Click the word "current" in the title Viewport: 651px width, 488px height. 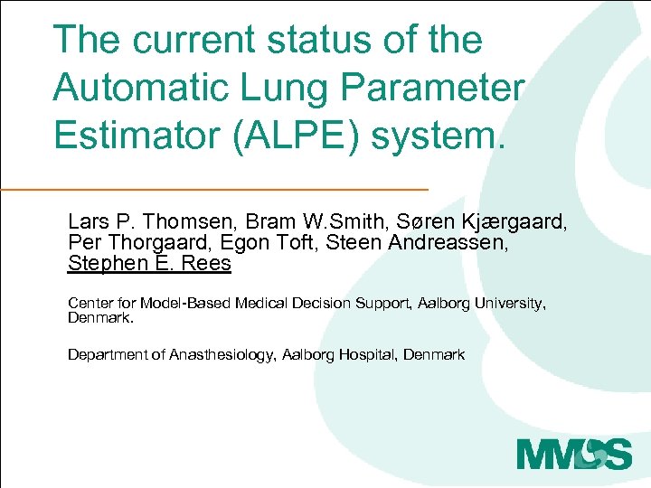click(184, 41)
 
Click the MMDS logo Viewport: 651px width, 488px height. click(574, 451)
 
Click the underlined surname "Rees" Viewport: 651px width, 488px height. click(209, 263)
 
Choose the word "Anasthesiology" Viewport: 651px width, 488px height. click(219, 354)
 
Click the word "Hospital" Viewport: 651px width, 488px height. click(368, 354)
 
